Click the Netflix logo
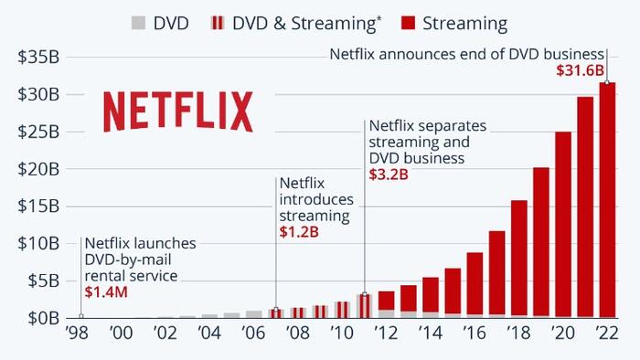click(178, 111)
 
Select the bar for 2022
click(607, 200)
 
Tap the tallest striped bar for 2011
click(365, 306)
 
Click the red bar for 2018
click(518, 258)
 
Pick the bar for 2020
click(563, 224)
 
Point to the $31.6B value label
click(580, 70)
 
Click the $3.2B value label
click(389, 175)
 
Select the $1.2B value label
click(299, 232)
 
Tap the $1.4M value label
click(106, 291)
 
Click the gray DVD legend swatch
click(138, 23)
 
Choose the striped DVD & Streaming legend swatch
click(218, 23)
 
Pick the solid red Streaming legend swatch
click(408, 23)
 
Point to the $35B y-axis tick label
click(38, 57)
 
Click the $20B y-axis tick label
click(38, 169)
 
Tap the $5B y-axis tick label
click(43, 281)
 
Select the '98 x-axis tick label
click(77, 334)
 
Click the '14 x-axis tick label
click(431, 334)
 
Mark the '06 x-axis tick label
click(253, 334)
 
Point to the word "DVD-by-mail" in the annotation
click(128, 259)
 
